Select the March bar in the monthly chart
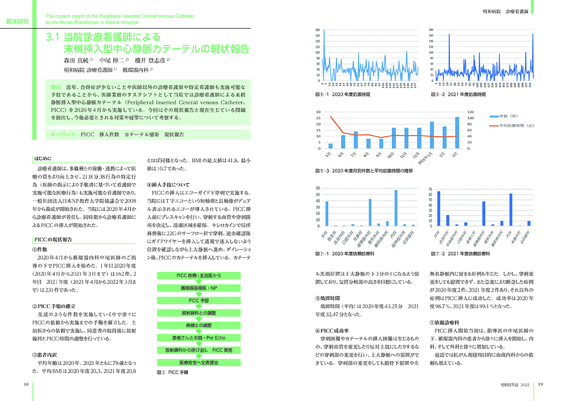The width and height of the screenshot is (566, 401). point(457,132)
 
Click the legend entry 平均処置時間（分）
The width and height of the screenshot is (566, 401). point(506,125)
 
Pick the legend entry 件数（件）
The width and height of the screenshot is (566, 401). point(500,116)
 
